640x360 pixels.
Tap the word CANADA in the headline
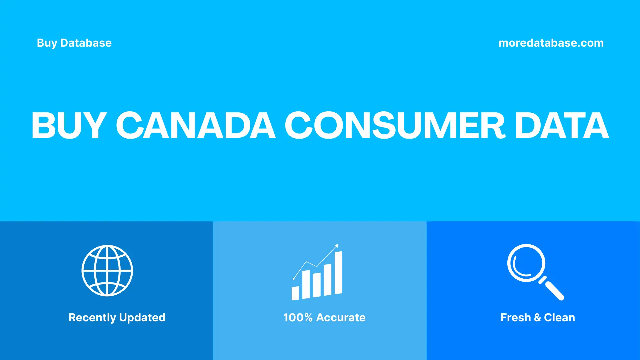(x=196, y=125)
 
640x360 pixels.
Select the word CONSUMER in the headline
(x=395, y=125)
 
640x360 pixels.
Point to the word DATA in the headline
(x=562, y=125)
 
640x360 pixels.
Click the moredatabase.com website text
(x=551, y=43)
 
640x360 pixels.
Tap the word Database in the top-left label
(x=86, y=43)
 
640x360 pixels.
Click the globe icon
(x=107, y=271)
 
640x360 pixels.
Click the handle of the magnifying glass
(x=554, y=290)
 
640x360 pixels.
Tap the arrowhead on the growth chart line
(x=337, y=246)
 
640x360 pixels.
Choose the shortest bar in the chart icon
(x=295, y=293)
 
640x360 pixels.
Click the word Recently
(x=92, y=318)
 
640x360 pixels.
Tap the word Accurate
(x=341, y=318)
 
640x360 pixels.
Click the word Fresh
(x=515, y=318)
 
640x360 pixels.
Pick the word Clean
(x=559, y=318)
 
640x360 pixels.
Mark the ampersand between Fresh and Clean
(x=537, y=318)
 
